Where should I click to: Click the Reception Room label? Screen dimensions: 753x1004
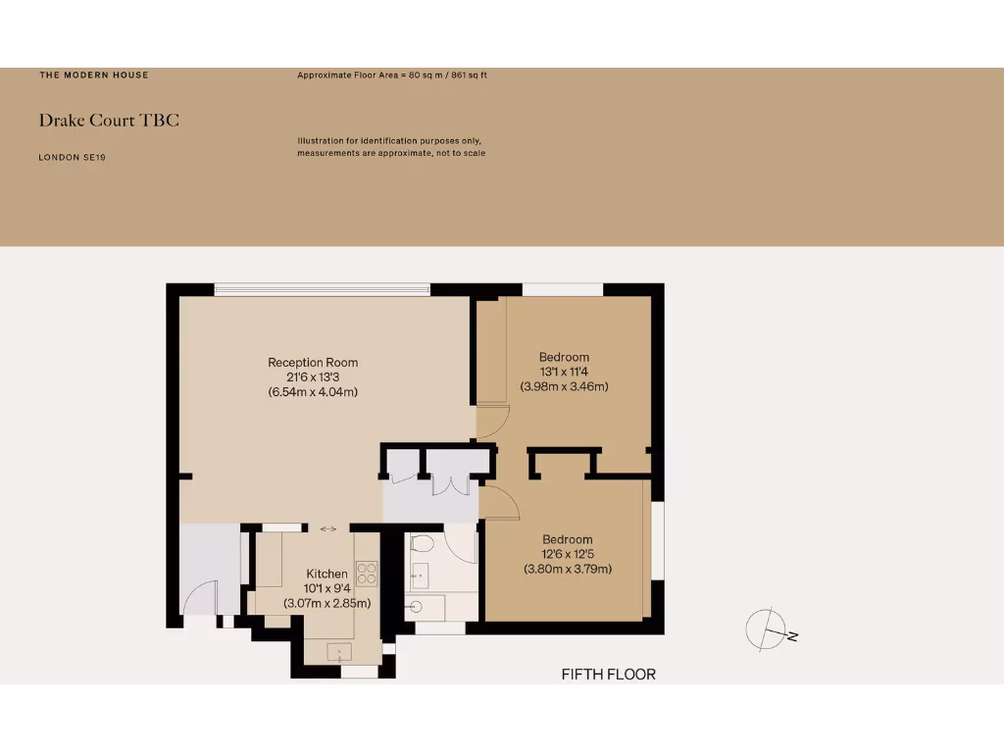[313, 363]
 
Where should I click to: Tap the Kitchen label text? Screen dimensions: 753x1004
[326, 574]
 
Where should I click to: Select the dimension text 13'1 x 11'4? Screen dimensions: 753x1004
[564, 372]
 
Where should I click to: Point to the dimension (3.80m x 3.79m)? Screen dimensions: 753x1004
[568, 569]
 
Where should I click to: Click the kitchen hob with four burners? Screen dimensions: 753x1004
[367, 573]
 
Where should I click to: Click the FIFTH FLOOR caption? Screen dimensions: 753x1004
[608, 675]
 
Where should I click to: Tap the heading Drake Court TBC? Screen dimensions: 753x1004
[109, 121]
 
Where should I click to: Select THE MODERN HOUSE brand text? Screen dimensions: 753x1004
[94, 75]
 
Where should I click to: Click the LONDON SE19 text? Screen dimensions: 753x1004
[72, 157]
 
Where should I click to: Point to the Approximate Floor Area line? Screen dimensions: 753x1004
[393, 75]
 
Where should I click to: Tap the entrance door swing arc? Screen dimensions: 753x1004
[201, 597]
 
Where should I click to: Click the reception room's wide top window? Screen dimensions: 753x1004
[322, 288]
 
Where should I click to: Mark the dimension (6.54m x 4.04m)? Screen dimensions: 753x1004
[313, 392]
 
